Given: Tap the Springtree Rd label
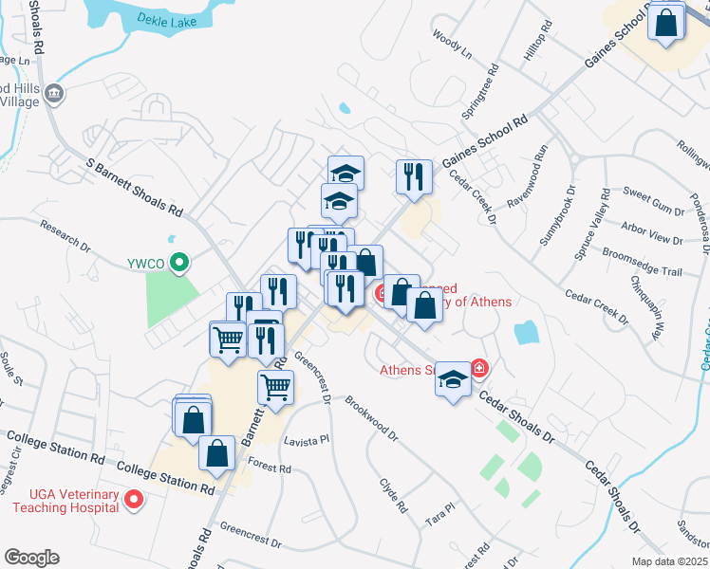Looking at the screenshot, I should coord(494,83).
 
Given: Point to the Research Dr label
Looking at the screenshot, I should coord(65,238).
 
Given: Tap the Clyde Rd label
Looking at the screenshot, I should coord(392,493).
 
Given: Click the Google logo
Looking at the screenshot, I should coord(31,558).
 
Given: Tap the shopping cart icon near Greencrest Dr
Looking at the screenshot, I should coord(275,385).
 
